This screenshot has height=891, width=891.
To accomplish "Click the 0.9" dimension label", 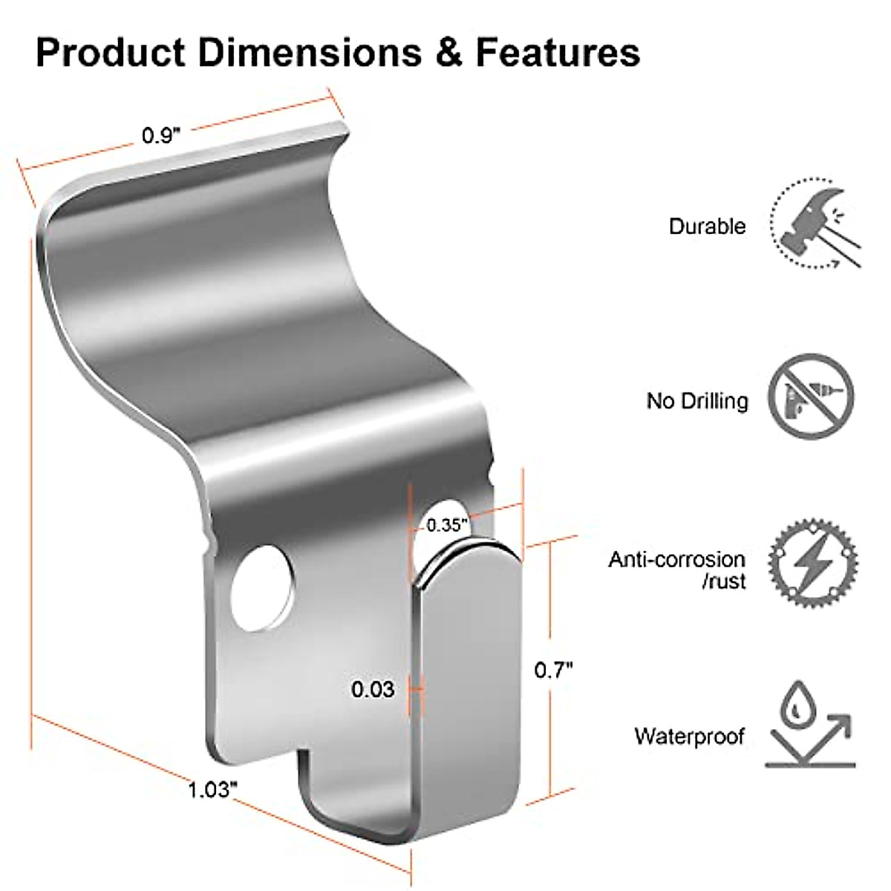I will (x=161, y=136).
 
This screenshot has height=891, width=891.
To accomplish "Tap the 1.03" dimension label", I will (x=212, y=789).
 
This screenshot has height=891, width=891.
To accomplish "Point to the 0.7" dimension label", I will (x=554, y=670).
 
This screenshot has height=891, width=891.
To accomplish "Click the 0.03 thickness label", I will (x=373, y=690).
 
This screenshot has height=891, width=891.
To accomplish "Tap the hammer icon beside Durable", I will (x=815, y=226).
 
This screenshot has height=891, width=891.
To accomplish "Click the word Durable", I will (x=707, y=226).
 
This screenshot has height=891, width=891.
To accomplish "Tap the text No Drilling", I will (x=696, y=401).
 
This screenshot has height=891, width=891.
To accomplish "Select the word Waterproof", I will (x=689, y=737).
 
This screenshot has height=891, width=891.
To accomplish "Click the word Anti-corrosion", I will (x=676, y=559).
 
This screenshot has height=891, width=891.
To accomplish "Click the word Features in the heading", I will (x=558, y=53).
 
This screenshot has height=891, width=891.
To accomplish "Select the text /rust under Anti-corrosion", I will (x=723, y=581).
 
